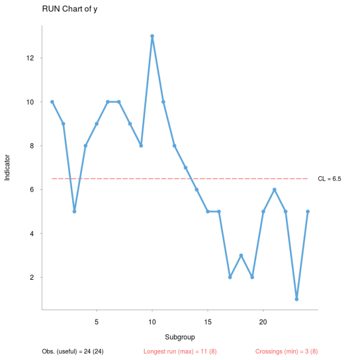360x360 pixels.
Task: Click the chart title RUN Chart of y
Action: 66,9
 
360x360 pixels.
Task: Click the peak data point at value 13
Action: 152,36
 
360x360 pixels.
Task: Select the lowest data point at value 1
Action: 296,299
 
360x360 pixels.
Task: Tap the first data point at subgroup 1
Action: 52,102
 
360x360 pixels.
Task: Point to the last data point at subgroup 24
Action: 308,211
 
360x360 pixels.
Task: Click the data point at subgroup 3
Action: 74,211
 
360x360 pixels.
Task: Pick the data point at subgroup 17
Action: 230,277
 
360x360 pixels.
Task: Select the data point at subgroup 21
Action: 274,189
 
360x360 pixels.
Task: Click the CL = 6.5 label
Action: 329,179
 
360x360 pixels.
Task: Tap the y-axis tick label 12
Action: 31,58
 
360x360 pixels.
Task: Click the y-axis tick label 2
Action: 33,277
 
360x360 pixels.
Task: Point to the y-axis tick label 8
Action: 33,145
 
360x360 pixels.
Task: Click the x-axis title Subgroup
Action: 180,336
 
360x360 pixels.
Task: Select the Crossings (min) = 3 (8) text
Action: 286,351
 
